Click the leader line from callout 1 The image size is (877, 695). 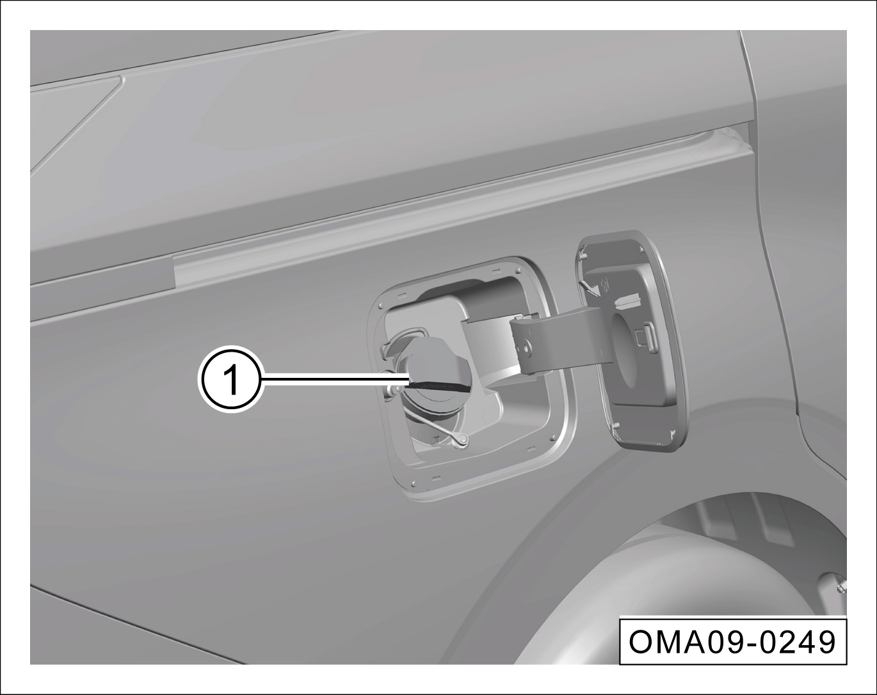(335, 379)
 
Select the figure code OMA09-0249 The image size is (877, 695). (732, 642)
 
